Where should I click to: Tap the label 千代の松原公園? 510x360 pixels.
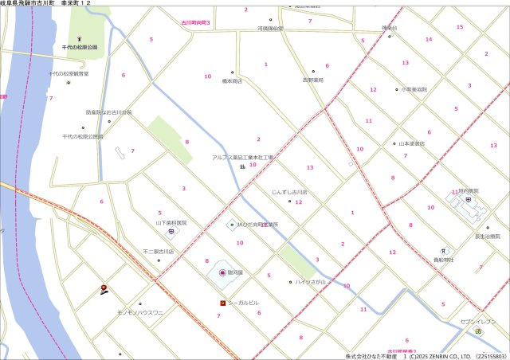point(80,48)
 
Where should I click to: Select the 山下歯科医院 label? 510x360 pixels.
point(171,223)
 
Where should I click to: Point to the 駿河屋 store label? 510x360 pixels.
point(234,272)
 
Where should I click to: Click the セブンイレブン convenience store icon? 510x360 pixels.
point(478,331)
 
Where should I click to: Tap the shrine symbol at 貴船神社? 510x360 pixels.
point(443,251)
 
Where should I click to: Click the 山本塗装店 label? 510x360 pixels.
point(411,143)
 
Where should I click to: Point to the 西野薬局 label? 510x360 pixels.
point(313,80)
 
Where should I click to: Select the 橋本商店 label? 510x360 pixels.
point(232,80)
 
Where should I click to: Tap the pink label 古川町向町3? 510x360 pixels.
point(195,24)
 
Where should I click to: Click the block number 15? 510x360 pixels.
point(459,28)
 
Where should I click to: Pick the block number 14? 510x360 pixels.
point(429,39)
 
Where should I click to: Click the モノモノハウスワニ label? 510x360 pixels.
point(139,313)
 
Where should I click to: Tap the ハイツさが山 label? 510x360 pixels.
point(312,282)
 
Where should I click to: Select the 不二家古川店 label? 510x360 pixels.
point(158,252)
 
